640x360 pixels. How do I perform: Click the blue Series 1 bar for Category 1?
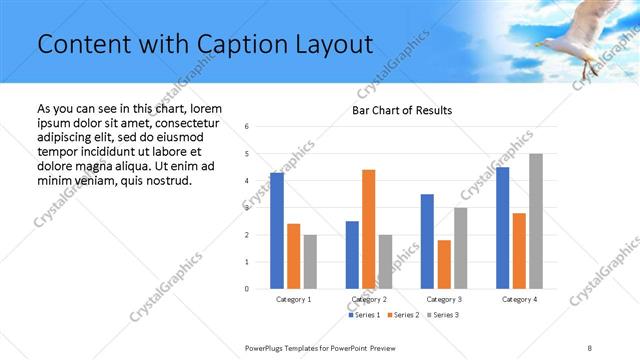[x=277, y=231]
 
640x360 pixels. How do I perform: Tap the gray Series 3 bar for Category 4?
[x=536, y=221]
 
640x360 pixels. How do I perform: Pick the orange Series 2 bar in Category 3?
[x=444, y=264]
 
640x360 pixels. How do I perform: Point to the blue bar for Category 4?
[x=502, y=228]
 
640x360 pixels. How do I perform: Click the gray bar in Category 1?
[x=310, y=262]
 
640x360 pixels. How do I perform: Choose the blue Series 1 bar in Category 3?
[x=427, y=241]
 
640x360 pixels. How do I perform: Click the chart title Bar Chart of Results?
[x=402, y=110]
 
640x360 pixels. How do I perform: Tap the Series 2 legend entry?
[x=402, y=315]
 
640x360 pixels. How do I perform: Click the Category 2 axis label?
[x=369, y=299]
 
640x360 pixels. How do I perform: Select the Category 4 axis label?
[x=519, y=299]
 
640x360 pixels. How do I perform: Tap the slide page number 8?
[x=590, y=347]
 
